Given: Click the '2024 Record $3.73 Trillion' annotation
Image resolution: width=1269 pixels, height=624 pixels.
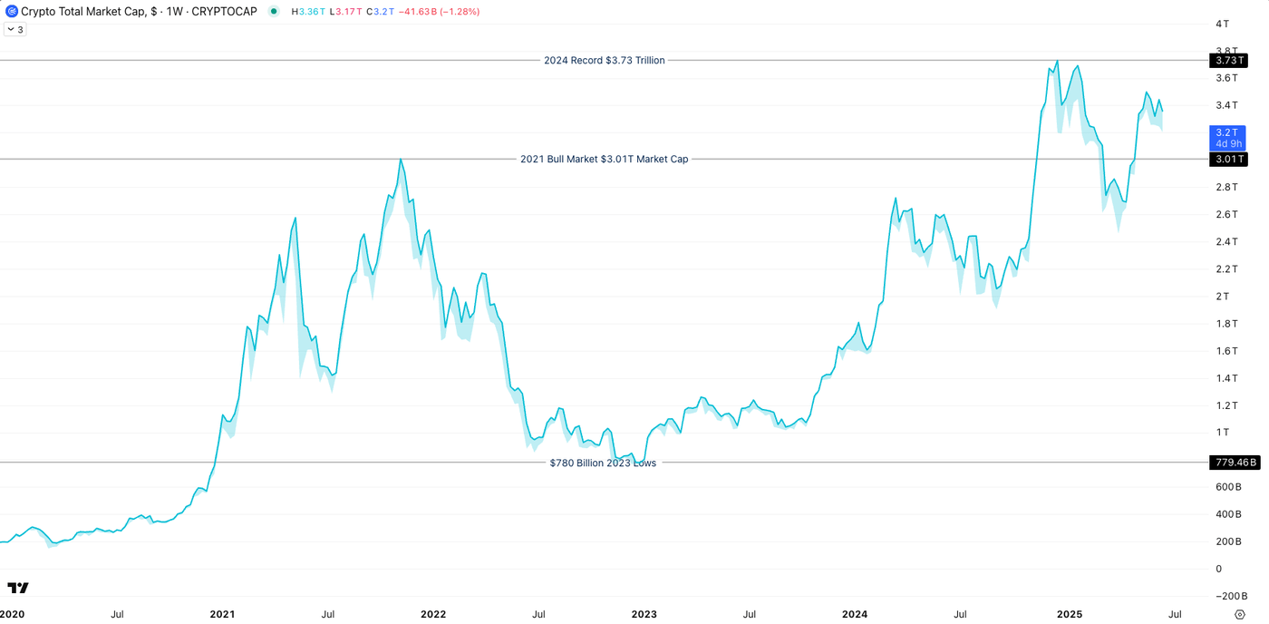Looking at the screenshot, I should click(x=604, y=61).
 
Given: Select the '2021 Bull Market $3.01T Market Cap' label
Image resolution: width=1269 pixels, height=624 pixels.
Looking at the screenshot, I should click(x=604, y=159).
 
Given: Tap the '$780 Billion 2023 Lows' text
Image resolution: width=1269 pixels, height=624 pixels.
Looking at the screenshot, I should click(x=603, y=463).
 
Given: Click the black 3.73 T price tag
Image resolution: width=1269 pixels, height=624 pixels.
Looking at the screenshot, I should click(x=1228, y=61).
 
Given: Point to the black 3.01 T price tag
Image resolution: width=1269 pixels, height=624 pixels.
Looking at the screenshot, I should click(x=1228, y=160).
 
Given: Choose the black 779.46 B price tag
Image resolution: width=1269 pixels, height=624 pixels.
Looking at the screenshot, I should click(x=1234, y=463).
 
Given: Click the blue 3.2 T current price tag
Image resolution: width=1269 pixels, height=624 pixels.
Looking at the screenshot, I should click(x=1227, y=138).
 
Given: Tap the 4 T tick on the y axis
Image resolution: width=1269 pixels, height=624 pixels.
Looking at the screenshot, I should click(x=1223, y=24).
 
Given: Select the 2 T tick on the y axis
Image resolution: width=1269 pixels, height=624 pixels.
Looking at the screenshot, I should click(x=1223, y=297).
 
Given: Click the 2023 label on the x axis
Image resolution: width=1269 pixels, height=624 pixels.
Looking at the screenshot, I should click(x=644, y=614).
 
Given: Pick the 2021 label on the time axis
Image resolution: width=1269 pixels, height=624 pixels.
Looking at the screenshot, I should click(x=222, y=614).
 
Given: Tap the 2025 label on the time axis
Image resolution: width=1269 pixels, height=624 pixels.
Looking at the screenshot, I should click(x=1070, y=614).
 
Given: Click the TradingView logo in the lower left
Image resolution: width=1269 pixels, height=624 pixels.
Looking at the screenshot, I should click(x=18, y=588).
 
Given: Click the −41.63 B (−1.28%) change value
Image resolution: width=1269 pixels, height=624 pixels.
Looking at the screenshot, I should click(x=440, y=12).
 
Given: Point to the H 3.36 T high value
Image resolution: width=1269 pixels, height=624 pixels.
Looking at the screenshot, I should click(x=308, y=12).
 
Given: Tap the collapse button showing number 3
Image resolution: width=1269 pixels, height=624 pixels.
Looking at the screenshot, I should click(x=15, y=30).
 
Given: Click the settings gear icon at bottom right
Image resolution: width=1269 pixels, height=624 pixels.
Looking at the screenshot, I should click(x=1240, y=615).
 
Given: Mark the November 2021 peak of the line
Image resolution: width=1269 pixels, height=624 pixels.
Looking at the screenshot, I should click(x=401, y=160).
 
